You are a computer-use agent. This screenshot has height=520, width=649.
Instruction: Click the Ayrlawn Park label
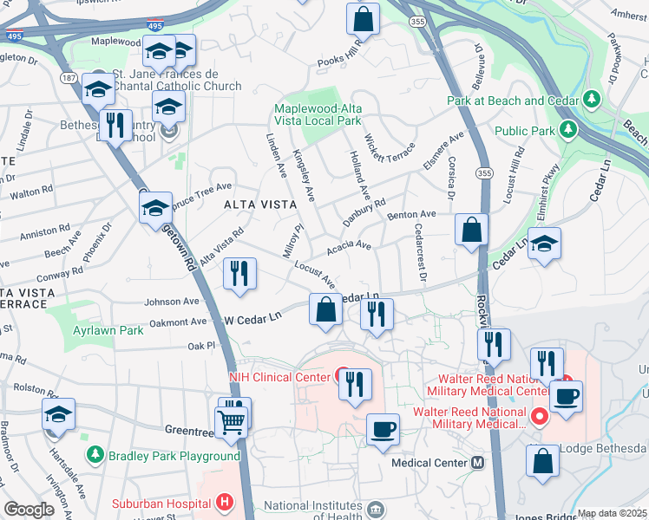pyautogui.click(x=108, y=330)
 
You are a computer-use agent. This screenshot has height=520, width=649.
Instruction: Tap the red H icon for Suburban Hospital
pyautogui.click(x=225, y=502)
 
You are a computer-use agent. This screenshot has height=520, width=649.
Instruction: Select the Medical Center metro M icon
pyautogui.click(x=477, y=463)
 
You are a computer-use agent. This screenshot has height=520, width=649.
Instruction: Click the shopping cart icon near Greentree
pyautogui.click(x=233, y=420)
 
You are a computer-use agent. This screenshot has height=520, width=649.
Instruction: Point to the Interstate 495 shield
pyautogui.click(x=154, y=28)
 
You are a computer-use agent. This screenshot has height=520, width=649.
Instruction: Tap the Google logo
pyautogui.click(x=29, y=510)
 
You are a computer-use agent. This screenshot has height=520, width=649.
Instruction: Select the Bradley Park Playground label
pyautogui.click(x=173, y=456)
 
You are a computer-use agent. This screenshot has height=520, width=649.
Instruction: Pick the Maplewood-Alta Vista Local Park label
pyautogui.click(x=330, y=115)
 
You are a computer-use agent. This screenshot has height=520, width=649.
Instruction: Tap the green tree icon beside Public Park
pyautogui.click(x=568, y=131)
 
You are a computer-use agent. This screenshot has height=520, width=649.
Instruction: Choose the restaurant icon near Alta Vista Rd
pyautogui.click(x=239, y=273)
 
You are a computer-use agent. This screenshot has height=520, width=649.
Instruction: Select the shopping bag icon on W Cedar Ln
pyautogui.click(x=325, y=309)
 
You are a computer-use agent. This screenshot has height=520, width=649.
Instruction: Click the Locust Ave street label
pyautogui.click(x=314, y=274)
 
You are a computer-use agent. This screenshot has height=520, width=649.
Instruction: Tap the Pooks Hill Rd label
pyautogui.click(x=339, y=60)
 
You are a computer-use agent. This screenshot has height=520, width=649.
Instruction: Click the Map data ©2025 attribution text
pyautogui.click(x=612, y=513)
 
